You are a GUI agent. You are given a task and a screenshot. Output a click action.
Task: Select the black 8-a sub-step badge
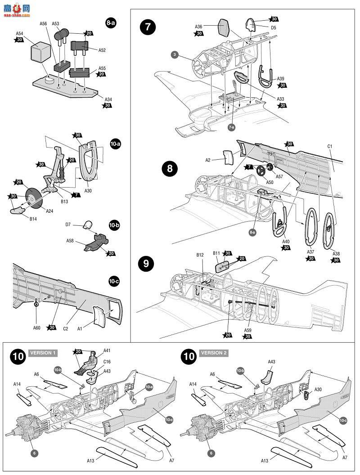111,23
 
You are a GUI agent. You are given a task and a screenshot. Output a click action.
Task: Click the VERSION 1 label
44,353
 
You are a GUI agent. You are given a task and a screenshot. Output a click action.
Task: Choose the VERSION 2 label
214,353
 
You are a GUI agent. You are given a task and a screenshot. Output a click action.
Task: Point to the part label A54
19,33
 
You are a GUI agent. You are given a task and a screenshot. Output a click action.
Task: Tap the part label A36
198,27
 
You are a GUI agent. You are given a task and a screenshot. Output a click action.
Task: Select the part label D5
273,27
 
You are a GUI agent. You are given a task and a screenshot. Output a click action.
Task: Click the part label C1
329,146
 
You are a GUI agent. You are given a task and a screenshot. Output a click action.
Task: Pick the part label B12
200,255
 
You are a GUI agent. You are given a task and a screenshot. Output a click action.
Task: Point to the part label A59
247,330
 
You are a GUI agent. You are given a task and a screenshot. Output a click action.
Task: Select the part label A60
36,327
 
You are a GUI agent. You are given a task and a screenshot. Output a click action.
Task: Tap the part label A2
208,160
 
